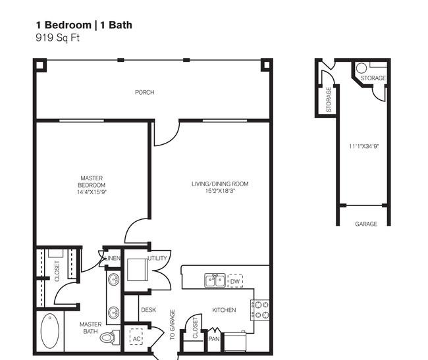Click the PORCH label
tap(144, 93)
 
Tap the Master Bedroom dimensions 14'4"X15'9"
tap(92, 192)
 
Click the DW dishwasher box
tap(235, 281)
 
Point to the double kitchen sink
tap(215, 281)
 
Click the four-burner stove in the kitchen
tap(260, 309)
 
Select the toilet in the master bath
tap(112, 337)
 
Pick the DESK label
tap(148, 309)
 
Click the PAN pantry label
tap(213, 339)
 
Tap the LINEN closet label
tap(113, 258)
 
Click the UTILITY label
tap(158, 258)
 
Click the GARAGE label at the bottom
tap(366, 224)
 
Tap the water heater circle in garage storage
tap(361, 67)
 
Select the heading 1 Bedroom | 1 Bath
tap(84, 25)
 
